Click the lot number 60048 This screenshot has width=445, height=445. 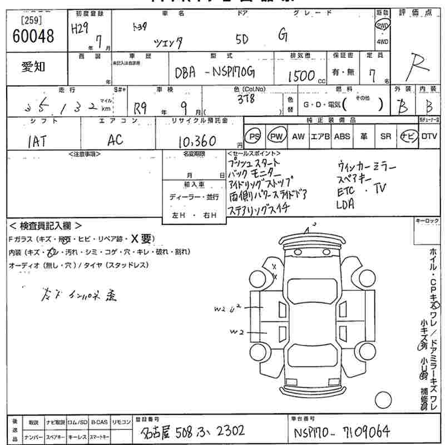[33, 37]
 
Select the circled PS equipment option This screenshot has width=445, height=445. [254, 136]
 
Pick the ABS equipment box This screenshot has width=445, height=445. [342, 136]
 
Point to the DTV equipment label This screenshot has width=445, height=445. [429, 136]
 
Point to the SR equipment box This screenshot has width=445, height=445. [385, 136]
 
